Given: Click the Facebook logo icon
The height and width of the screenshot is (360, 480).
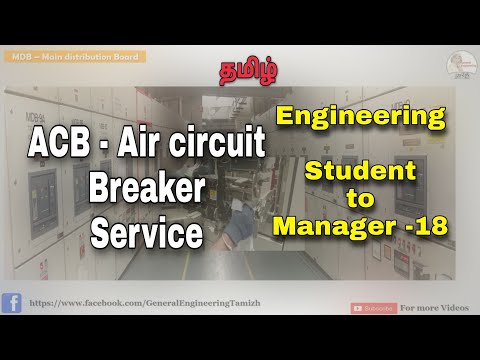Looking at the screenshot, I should (12, 303).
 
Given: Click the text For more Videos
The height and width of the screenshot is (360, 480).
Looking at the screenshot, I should (434, 308).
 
